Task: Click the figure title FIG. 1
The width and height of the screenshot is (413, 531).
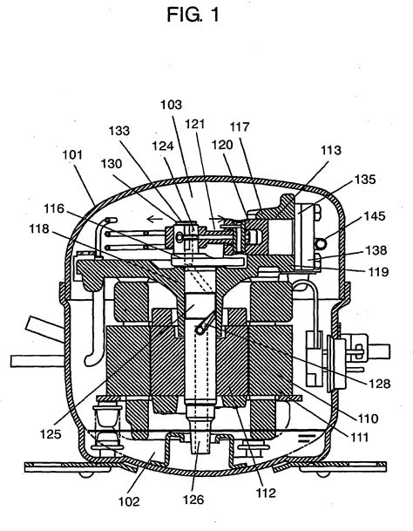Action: pyautogui.click(x=193, y=15)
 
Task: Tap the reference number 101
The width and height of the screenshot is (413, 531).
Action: pyautogui.click(x=72, y=154)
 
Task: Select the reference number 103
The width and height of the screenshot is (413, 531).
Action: pyautogui.click(x=171, y=105)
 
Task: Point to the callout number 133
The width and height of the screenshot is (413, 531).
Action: pyautogui.click(x=119, y=131)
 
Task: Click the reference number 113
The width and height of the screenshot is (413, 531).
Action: pyautogui.click(x=331, y=150)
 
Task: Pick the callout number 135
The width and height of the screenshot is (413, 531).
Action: pyautogui.click(x=365, y=179)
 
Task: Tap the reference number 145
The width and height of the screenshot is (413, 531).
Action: pyautogui.click(x=375, y=215)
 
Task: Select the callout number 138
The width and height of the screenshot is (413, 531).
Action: pyautogui.click(x=376, y=250)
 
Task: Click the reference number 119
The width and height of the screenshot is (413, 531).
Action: pyautogui.click(x=378, y=271)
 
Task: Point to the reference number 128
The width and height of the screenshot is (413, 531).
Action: pyautogui.click(x=380, y=384)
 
